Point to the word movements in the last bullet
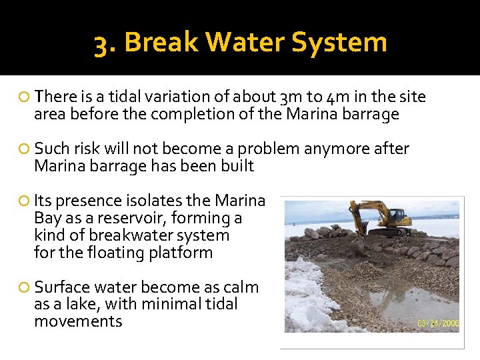pyautogui.click(x=79, y=322)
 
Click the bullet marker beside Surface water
pyautogui.click(x=25, y=288)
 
